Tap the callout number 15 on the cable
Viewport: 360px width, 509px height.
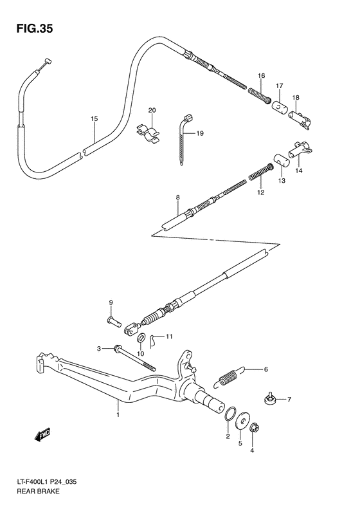pos(94,119)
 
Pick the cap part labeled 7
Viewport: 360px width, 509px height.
pos(271,400)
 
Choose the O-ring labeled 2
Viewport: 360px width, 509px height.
pos(228,413)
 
